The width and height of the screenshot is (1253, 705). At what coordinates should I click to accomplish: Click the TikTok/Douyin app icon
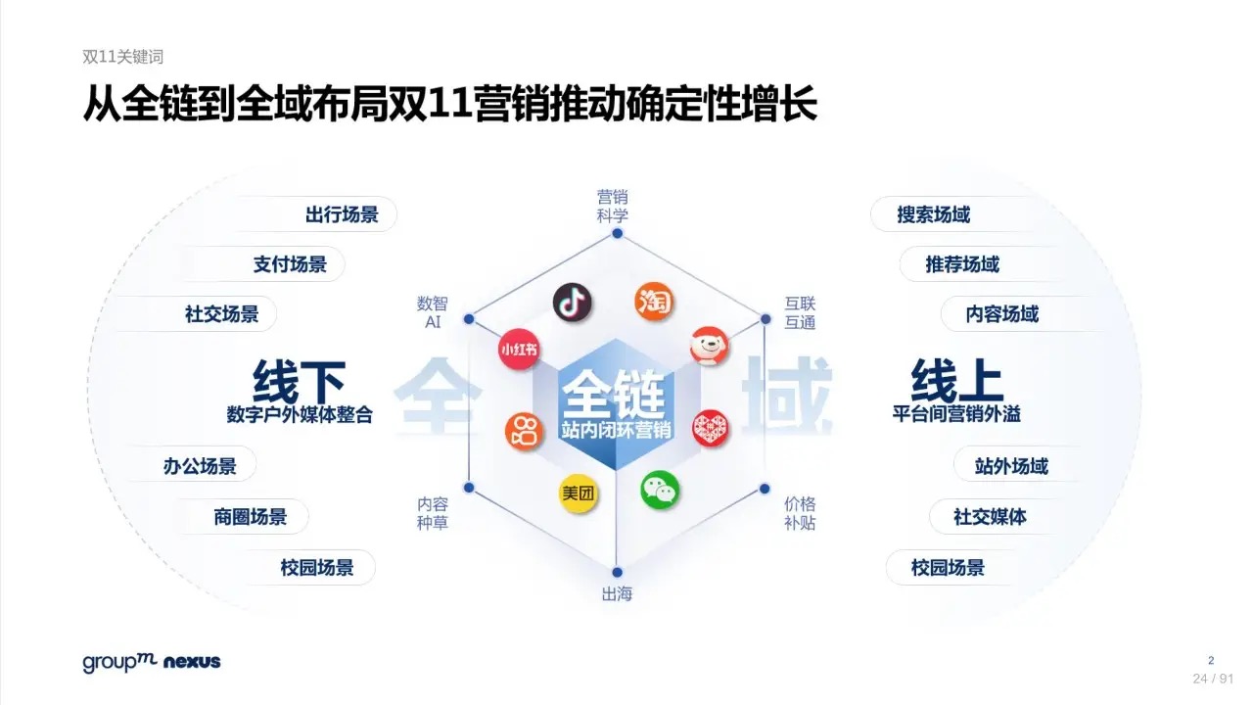tap(573, 303)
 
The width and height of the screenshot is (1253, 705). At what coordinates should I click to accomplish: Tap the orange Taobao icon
tap(654, 302)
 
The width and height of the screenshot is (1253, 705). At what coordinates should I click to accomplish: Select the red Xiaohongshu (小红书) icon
tap(519, 350)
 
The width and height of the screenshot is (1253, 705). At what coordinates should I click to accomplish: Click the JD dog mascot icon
tap(710, 346)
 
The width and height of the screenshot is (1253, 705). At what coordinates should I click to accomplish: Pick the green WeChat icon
tap(660, 491)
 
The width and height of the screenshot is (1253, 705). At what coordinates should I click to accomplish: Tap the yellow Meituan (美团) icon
tap(578, 493)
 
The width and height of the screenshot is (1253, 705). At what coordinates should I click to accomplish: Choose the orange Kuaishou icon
tap(524, 432)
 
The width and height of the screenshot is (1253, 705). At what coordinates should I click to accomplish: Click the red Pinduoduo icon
tap(711, 429)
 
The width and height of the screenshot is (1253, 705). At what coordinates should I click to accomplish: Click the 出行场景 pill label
tap(342, 214)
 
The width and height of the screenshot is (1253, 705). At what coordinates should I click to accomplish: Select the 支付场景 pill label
tap(290, 264)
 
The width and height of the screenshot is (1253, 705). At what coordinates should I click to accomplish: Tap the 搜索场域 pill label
tap(934, 214)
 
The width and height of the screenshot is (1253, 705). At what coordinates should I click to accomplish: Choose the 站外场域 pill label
tap(1011, 465)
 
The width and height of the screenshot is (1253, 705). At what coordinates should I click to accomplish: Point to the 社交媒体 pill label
tap(990, 516)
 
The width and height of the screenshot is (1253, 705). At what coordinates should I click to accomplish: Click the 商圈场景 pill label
tap(250, 516)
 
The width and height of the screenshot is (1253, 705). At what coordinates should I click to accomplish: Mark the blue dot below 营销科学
tap(618, 233)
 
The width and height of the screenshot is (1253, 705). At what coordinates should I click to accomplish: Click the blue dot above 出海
tap(617, 573)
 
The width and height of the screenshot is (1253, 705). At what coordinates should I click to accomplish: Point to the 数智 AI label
tap(433, 312)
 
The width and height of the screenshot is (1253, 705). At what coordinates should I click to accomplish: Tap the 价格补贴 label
tap(800, 513)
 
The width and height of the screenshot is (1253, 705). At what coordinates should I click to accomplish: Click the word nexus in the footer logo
tap(192, 662)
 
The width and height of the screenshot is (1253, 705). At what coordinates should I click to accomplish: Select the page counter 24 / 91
tap(1213, 679)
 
